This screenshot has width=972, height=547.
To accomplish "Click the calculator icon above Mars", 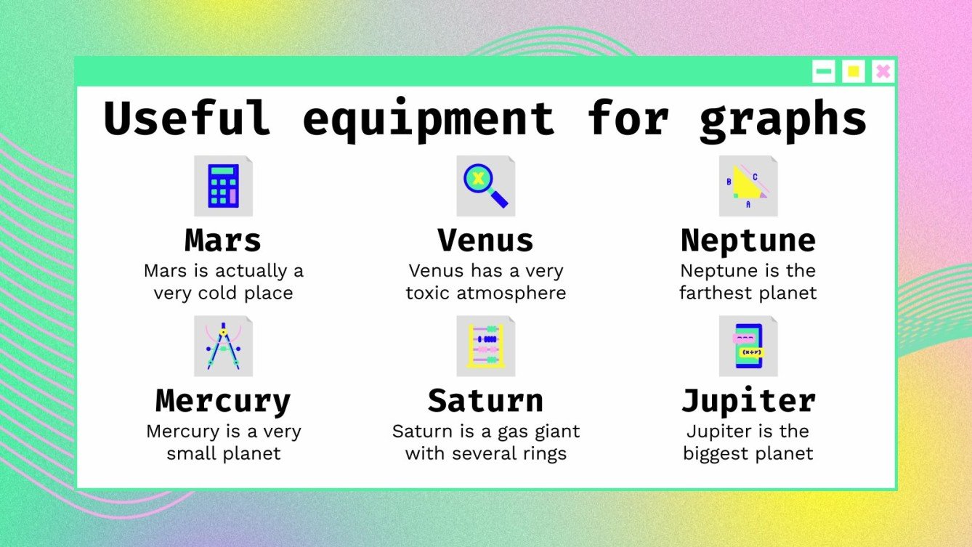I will pos(223,186).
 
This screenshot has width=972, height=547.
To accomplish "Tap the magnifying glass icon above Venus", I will pos(485,186).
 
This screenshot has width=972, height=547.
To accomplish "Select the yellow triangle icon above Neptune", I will pos(748,186).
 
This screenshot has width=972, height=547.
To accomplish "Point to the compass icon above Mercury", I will pos(223,346).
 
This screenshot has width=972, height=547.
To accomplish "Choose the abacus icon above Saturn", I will pos(485,346).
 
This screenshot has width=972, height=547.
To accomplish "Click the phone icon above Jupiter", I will pos(748,346).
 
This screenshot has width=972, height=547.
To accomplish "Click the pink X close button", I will pos(883,71).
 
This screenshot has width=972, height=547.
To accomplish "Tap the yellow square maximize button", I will pos(854,71).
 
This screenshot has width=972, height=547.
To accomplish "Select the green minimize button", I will pos(824,71).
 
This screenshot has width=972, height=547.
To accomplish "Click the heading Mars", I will pos(223,240).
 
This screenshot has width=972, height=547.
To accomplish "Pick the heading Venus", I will pos(485,240).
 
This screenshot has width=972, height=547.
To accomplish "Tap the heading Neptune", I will pos(748,240).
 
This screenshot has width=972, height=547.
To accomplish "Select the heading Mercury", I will pos(223,401).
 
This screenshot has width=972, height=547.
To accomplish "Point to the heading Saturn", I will pos(485,401).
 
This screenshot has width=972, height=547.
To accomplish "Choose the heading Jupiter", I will pos(748,401).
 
